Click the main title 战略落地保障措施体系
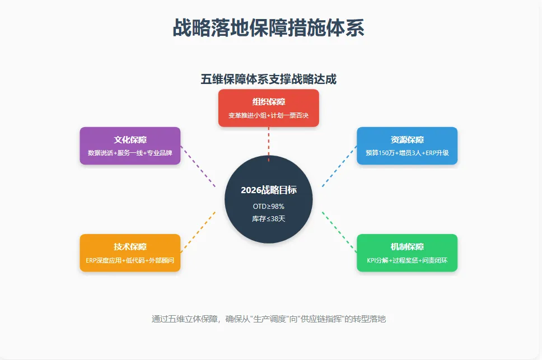pos(269,27)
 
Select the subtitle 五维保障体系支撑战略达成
pos(269,80)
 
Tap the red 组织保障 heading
pos(269,102)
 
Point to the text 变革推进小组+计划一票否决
pos(269,115)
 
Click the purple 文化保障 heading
pos(130,140)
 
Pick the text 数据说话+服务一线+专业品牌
pos(130,153)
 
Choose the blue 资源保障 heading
pos(407,140)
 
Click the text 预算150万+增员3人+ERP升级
pos(407,153)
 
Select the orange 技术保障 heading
pos(130,247)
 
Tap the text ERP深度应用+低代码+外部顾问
pos(130,260)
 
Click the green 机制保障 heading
pos(407,247)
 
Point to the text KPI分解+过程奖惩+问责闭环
pos(407,260)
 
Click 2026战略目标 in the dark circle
pos(269,190)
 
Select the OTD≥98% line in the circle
pos(269,207)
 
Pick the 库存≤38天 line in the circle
pos(269,218)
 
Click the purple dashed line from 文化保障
pos(198,166)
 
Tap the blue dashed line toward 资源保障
pos(339,166)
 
